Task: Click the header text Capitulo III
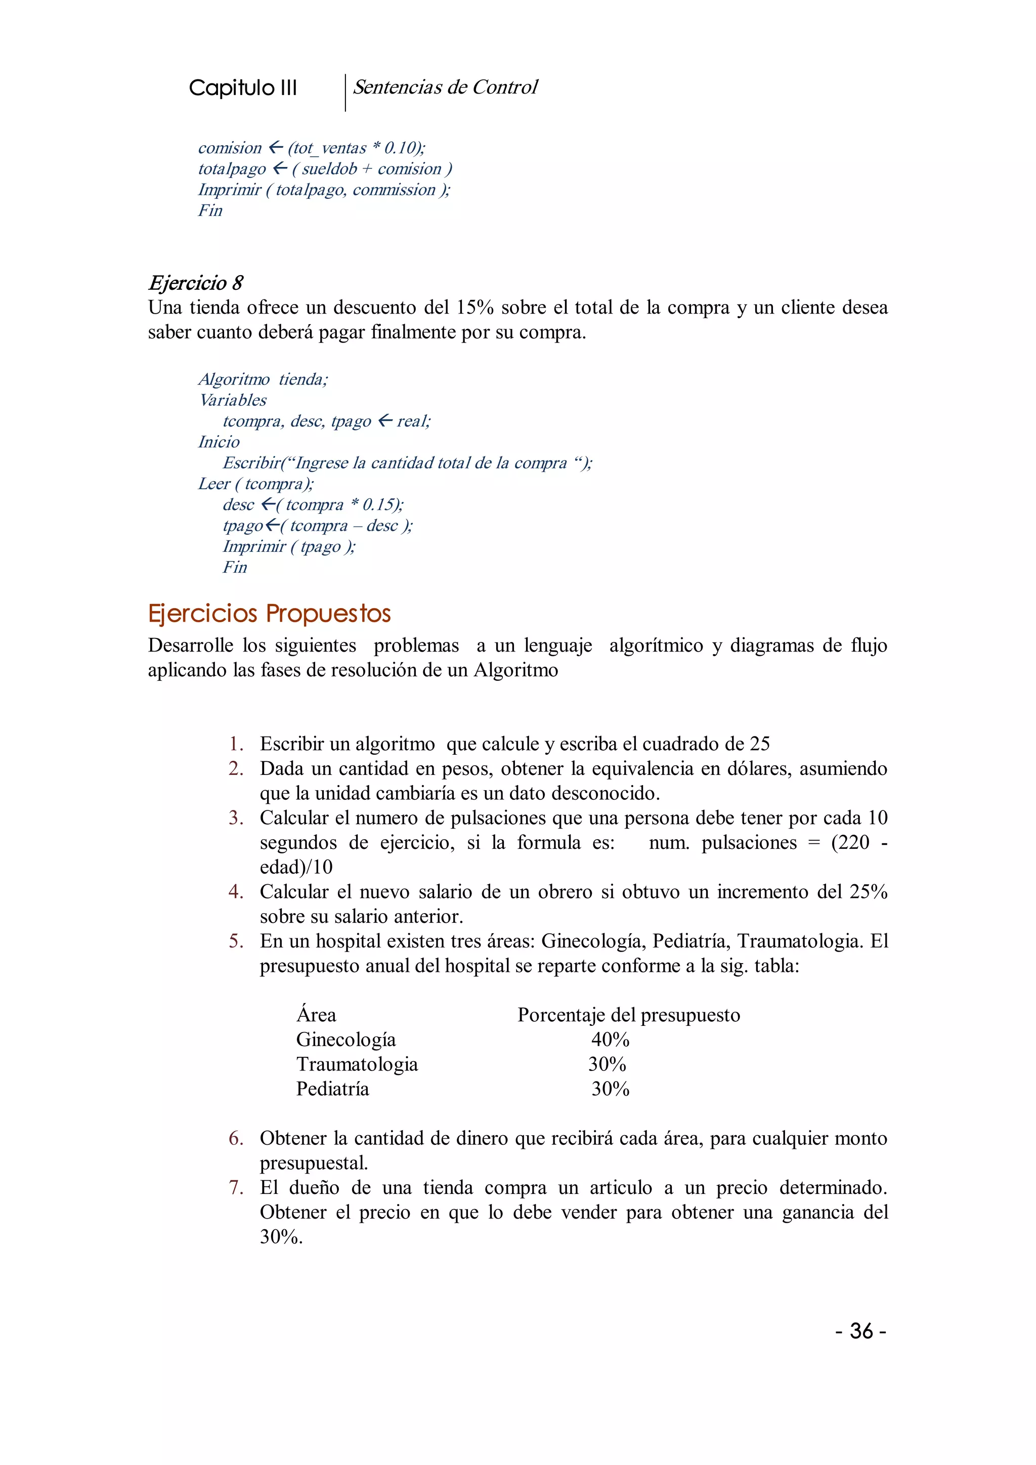pos(242,88)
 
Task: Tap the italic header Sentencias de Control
pos(445,88)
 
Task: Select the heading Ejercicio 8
pos(195,283)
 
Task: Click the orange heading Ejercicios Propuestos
pos(269,613)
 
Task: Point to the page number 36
pos(860,1331)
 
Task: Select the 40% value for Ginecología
pos(610,1040)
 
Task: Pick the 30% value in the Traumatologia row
pos(607,1064)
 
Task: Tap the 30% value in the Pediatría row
pos(610,1089)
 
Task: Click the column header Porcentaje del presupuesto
pos(628,1015)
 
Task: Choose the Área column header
pos(316,1015)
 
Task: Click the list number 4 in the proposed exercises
pos(235,892)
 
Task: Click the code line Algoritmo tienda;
pos(263,379)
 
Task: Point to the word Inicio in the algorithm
pos(219,442)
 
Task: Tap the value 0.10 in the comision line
pos(400,148)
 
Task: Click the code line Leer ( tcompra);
pos(255,484)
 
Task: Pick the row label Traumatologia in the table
pos(357,1064)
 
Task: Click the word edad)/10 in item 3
pos(296,867)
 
